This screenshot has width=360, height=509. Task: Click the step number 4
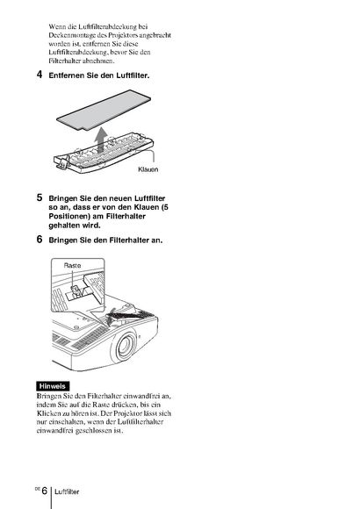[x=40, y=75]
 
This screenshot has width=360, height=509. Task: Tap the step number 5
[x=40, y=197]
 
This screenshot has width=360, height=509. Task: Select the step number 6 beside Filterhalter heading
[x=40, y=240]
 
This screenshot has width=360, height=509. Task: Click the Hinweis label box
[x=53, y=386]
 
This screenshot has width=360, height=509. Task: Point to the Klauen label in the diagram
[x=148, y=169]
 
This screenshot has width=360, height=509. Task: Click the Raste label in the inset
[x=72, y=266]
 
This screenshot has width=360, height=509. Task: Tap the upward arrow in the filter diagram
[x=101, y=140]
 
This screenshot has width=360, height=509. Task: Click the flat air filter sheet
[x=104, y=110]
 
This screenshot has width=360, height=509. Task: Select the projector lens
[x=125, y=346]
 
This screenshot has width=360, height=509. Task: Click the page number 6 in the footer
[x=45, y=491]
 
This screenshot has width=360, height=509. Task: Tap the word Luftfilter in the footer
[x=67, y=491]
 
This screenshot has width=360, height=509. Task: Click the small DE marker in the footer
[x=38, y=489]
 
